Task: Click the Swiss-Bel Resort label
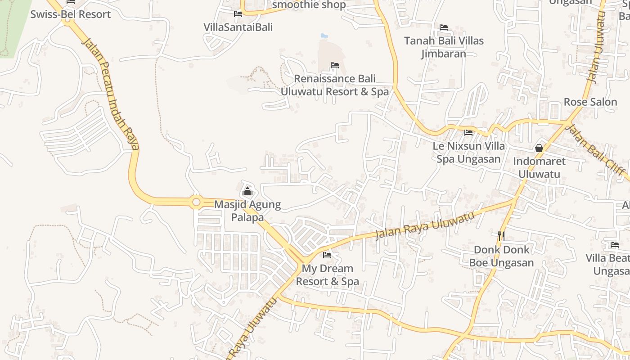(x=70, y=14)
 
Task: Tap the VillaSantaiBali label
(x=238, y=27)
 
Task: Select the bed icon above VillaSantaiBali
(x=238, y=14)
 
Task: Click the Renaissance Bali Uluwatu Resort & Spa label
(x=334, y=85)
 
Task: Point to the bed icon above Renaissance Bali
(x=334, y=65)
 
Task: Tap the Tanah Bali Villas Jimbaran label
(x=444, y=47)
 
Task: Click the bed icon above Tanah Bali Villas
(x=444, y=27)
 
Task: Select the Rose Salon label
(x=590, y=102)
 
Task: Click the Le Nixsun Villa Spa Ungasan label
(x=468, y=153)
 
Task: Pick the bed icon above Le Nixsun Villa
(x=468, y=133)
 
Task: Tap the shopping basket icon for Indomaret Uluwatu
(x=539, y=148)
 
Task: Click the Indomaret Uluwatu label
(x=539, y=167)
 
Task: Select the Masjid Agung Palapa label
(x=247, y=211)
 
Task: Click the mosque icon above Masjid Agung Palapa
(x=247, y=192)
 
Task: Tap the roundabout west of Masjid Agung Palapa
(x=196, y=202)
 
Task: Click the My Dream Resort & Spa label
(x=327, y=275)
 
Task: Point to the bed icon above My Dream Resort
(x=327, y=255)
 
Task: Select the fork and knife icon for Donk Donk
(x=501, y=236)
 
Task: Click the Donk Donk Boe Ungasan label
(x=501, y=256)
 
